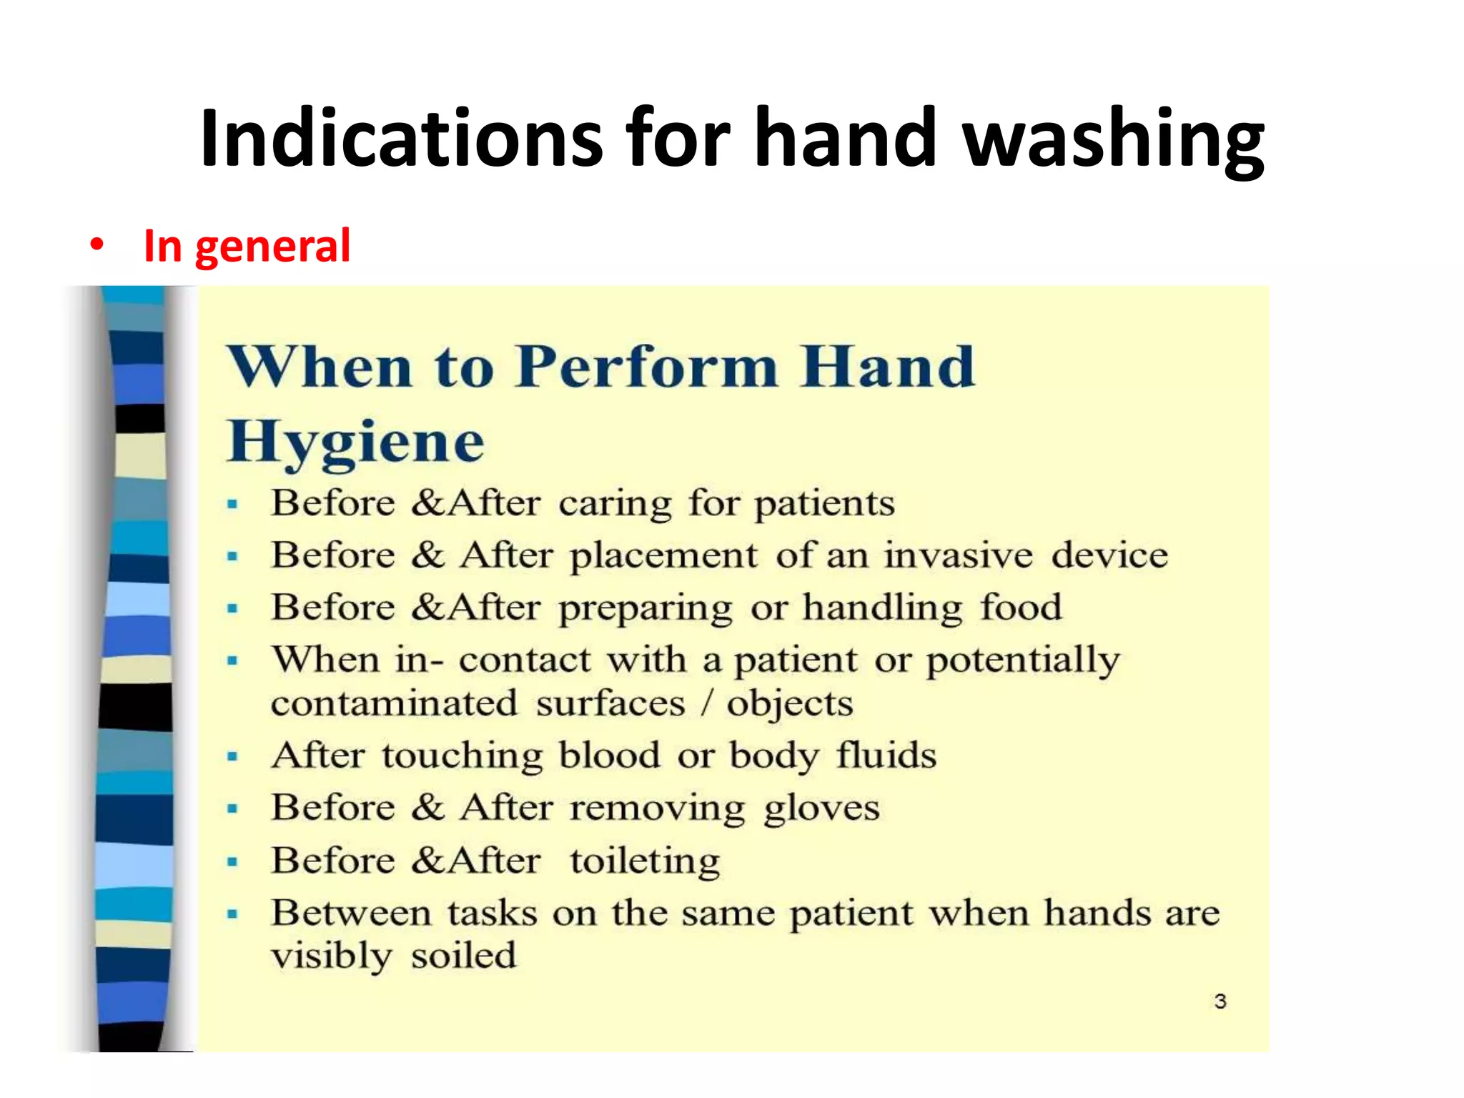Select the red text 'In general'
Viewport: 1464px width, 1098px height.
point(247,246)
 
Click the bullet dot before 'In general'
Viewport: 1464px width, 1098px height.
point(97,246)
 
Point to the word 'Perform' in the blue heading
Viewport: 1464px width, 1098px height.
point(647,367)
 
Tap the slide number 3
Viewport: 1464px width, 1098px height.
point(1220,1001)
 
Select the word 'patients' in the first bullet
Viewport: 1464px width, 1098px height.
point(825,503)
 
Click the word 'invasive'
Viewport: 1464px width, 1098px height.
point(959,555)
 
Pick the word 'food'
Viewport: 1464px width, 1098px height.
point(1021,608)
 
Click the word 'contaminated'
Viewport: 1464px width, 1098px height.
point(394,703)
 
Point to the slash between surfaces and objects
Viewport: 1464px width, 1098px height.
point(706,703)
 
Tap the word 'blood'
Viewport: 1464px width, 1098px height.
point(610,756)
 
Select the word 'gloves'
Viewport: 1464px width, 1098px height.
point(821,808)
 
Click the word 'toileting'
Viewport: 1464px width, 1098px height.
point(645,861)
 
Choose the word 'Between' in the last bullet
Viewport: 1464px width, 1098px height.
point(351,913)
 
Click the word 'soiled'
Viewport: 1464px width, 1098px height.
point(463,956)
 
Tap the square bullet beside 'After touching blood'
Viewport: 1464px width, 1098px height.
point(232,756)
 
